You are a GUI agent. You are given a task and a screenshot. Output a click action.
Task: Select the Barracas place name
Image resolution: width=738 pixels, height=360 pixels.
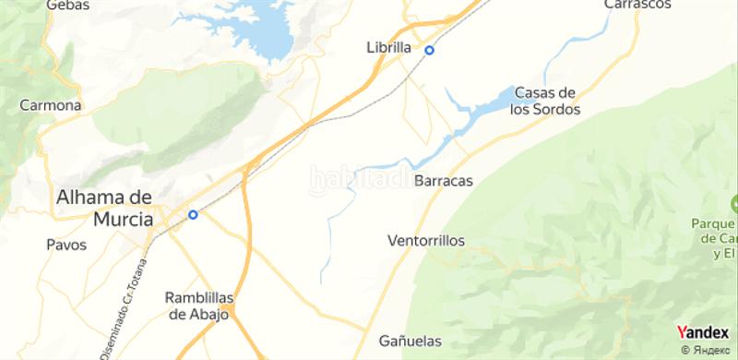[444, 181]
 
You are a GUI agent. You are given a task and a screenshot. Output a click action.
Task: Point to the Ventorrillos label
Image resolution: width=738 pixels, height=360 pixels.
[426, 240]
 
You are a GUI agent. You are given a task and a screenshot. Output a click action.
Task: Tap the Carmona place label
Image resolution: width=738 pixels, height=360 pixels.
[51, 105]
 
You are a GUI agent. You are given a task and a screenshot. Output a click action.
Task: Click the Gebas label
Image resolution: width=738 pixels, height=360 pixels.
[71, 6]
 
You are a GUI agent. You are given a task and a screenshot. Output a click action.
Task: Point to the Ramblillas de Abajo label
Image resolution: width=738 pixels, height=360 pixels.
[199, 306]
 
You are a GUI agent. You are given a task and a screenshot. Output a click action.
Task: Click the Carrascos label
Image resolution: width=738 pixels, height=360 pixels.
[636, 5]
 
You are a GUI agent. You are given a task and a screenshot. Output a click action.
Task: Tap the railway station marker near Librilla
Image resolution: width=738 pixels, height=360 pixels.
[429, 50]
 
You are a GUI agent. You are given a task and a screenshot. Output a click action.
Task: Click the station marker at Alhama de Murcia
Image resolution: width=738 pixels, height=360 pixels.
[193, 215]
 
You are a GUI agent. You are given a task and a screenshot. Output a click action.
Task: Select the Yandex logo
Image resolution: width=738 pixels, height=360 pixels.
[702, 332]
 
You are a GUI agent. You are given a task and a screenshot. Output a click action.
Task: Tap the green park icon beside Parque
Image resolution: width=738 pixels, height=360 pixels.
[734, 203]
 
